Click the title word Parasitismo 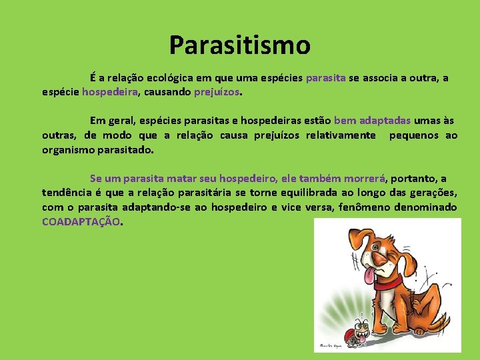(239, 45)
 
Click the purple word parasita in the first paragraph (325, 78)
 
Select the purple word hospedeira (109, 92)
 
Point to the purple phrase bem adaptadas (372, 121)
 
